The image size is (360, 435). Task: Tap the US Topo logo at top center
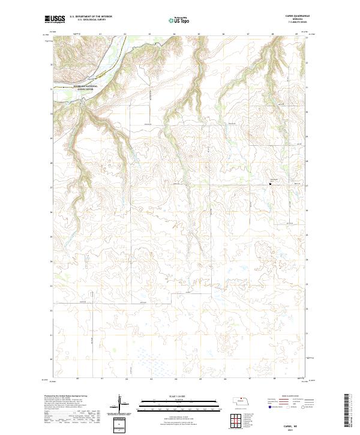point(179,20)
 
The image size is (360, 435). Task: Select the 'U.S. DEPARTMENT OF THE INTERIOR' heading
point(91,16)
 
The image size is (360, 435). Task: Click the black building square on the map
point(270,184)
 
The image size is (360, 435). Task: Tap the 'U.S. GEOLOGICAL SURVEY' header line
point(91,20)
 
